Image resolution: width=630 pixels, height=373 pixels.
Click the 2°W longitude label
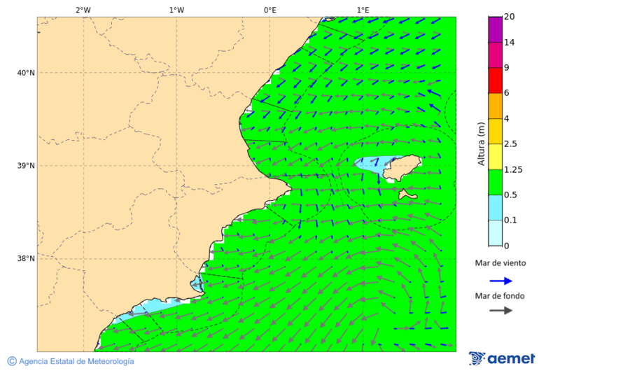83,10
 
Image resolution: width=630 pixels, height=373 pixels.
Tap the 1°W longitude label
176,10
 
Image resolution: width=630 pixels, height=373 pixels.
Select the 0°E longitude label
269,10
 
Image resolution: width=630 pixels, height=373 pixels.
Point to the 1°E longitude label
363,10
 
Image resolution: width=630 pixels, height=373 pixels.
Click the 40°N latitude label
26,73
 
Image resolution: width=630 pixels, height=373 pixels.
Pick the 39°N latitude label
26,166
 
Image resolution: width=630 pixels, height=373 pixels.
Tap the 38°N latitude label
26,259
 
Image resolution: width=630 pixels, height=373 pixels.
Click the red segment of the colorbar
495,80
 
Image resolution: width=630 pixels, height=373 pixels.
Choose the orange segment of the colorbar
495,106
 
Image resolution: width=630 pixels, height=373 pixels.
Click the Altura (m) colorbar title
481,143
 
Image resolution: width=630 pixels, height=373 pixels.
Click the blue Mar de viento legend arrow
500,281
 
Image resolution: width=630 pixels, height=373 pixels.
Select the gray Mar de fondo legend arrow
500,311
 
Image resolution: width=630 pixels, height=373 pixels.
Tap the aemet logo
502,358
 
